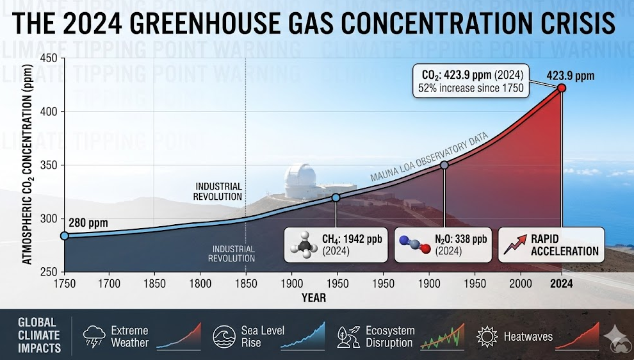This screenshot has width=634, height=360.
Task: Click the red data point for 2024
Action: tap(562, 88)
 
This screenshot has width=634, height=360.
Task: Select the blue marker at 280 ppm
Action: tap(64, 236)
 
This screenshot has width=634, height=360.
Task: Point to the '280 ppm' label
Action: tap(88, 224)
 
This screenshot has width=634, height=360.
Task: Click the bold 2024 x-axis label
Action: tap(562, 282)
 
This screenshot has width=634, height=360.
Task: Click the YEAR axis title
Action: tap(314, 298)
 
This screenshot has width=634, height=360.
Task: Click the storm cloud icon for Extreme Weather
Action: tap(95, 336)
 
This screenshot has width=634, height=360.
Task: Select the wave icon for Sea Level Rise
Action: tap(224, 336)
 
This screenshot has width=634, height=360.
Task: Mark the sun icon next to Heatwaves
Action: tap(487, 336)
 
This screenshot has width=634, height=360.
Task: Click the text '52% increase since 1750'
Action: tap(471, 88)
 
